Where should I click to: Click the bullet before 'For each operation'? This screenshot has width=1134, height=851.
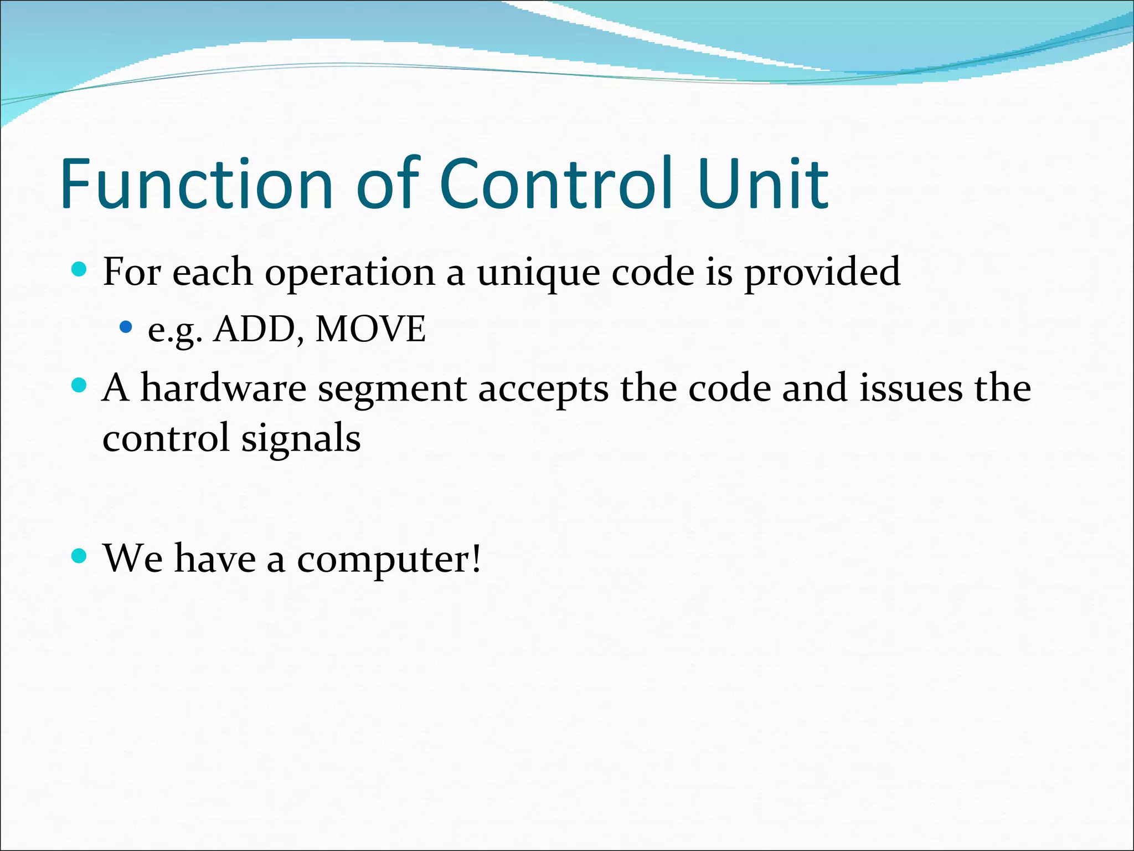(80, 270)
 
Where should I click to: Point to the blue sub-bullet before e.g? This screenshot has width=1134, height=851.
(126, 327)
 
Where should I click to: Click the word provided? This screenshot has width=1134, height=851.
(822, 273)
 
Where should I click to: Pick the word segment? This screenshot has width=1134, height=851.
(392, 389)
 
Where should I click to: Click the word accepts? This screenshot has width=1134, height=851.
(543, 389)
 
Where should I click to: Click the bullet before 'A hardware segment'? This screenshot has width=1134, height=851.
(80, 385)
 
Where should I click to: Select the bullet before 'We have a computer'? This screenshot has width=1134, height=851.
(80, 555)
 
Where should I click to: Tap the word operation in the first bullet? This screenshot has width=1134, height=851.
(349, 273)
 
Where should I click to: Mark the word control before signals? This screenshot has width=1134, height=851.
(166, 438)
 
